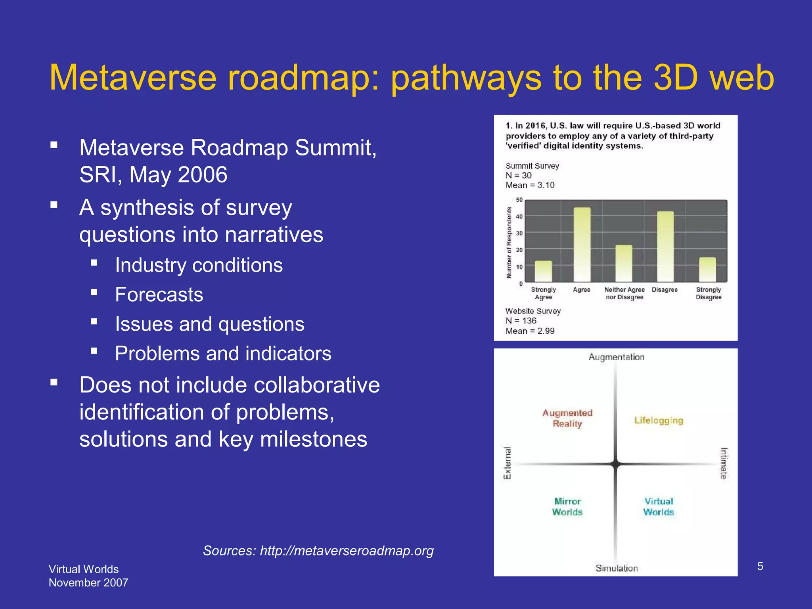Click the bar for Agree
click(x=582, y=245)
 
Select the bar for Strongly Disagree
click(x=707, y=270)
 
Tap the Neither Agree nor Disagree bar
click(x=624, y=263)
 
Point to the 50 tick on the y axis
click(x=519, y=200)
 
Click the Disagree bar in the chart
click(x=665, y=247)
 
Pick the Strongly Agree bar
click(x=543, y=271)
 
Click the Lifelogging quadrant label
click(x=659, y=420)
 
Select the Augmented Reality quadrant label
click(x=567, y=418)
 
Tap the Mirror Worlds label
click(x=567, y=507)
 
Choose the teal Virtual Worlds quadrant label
click(x=659, y=507)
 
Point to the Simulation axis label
click(x=617, y=568)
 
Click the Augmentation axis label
click(x=617, y=357)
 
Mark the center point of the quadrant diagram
click(x=615, y=464)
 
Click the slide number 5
click(x=760, y=566)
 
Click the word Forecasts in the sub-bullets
click(x=159, y=295)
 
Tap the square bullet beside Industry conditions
click(x=94, y=262)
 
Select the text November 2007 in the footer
click(x=88, y=583)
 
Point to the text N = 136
click(x=521, y=321)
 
